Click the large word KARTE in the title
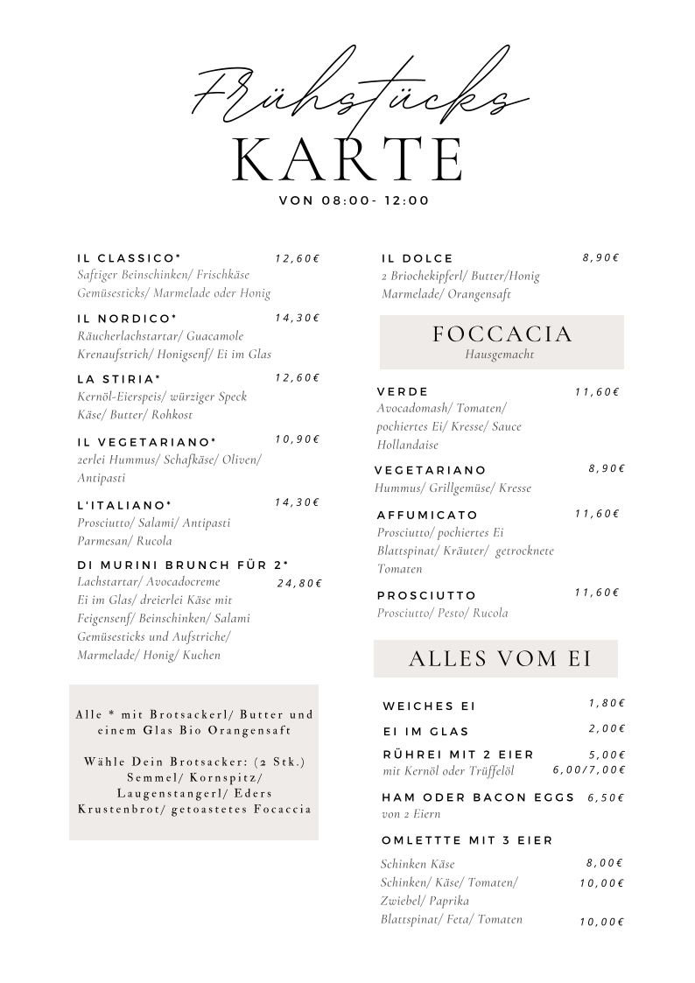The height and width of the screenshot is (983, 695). (x=347, y=159)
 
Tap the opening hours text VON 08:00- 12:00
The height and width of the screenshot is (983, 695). (x=354, y=200)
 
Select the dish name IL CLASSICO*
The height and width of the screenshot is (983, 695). (x=129, y=258)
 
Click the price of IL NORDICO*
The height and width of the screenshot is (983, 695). (x=298, y=318)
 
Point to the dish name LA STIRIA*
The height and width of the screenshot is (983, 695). (x=119, y=379)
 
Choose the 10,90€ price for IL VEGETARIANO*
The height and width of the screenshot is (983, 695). (x=298, y=439)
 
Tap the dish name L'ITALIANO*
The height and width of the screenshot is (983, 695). (x=124, y=505)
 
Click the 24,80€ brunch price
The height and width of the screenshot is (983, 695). (x=299, y=583)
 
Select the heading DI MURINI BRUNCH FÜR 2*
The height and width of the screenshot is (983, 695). (x=183, y=565)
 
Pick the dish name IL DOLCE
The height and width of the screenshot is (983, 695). (x=418, y=258)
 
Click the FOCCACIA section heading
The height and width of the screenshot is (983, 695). (x=502, y=334)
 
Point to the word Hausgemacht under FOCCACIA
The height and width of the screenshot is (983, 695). (x=500, y=355)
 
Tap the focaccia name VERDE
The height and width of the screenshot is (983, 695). (x=403, y=391)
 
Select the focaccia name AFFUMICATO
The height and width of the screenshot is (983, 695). (x=427, y=515)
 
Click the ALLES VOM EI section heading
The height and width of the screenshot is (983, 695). (x=500, y=659)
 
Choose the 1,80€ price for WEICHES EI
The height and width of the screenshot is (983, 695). (x=607, y=703)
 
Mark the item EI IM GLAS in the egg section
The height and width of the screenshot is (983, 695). (x=426, y=731)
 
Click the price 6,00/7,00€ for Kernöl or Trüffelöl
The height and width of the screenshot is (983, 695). (x=589, y=770)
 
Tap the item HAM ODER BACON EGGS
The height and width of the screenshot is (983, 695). (x=479, y=797)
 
